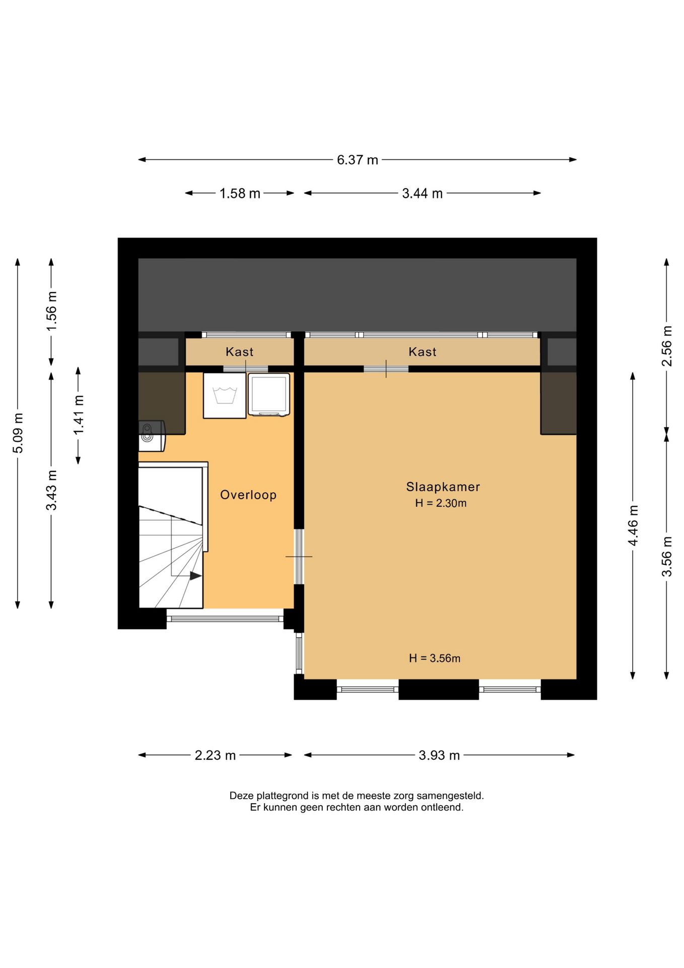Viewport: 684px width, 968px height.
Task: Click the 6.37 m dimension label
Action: (357, 160)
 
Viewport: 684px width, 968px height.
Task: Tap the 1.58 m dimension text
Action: (240, 194)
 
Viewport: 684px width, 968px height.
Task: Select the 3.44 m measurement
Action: (422, 194)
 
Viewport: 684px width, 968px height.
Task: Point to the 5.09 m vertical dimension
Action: (18, 433)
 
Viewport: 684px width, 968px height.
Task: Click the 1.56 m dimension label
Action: (51, 311)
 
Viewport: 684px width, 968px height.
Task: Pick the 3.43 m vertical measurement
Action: (51, 490)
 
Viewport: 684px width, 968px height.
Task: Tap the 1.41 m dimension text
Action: (79, 415)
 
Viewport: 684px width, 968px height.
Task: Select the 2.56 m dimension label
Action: (666, 346)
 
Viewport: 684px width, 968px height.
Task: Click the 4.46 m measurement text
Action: (633, 526)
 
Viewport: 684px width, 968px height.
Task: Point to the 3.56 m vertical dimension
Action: (666, 557)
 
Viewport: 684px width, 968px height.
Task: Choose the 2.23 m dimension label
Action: (215, 756)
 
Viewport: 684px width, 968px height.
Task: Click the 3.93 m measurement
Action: (439, 756)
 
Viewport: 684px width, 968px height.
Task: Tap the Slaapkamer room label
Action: (443, 487)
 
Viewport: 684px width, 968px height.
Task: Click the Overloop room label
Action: (248, 495)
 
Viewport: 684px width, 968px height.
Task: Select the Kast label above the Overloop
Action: (240, 352)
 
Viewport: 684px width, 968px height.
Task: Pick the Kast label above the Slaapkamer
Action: (423, 352)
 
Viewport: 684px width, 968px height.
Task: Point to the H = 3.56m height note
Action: (435, 658)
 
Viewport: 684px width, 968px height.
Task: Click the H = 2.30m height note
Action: (441, 503)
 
